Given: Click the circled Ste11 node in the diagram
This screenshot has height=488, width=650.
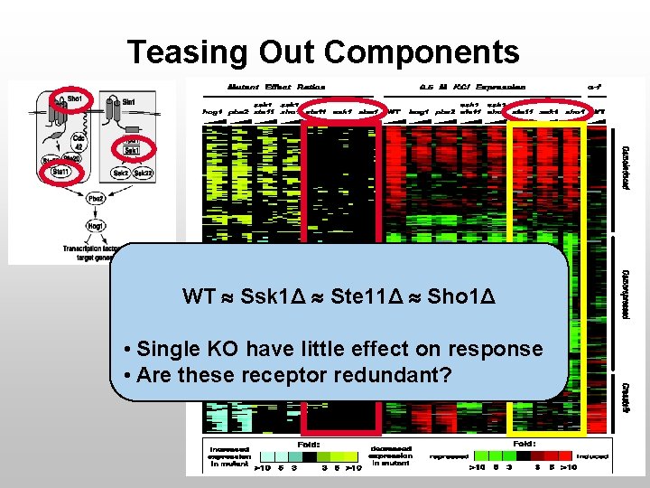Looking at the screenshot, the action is click(61, 172).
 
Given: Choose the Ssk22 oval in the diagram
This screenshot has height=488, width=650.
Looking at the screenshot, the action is click(143, 172).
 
